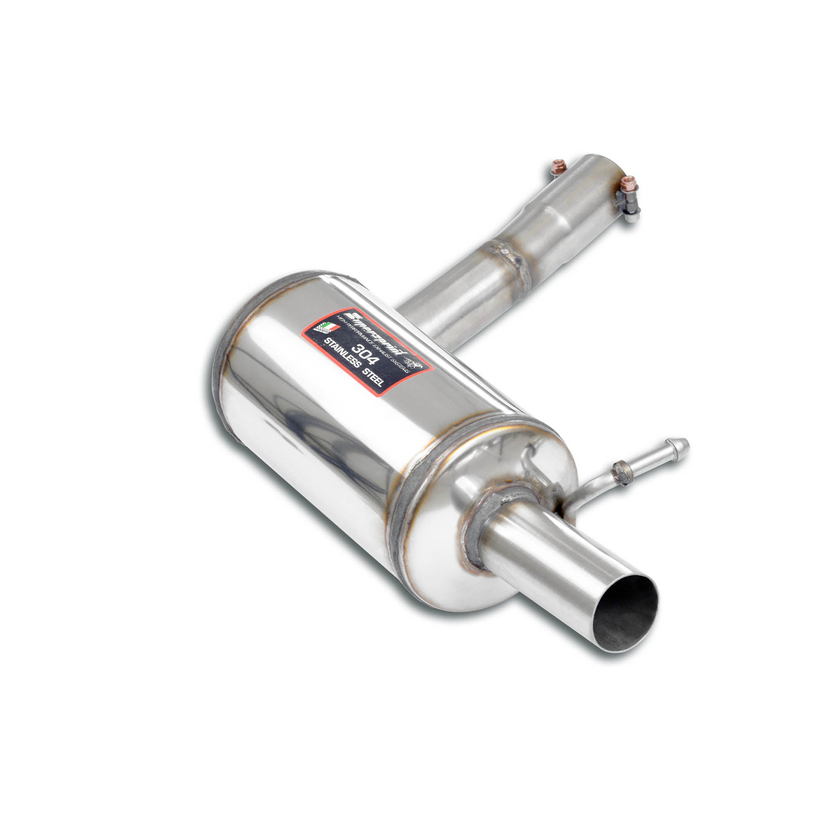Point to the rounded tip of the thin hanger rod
(x=684, y=443)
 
